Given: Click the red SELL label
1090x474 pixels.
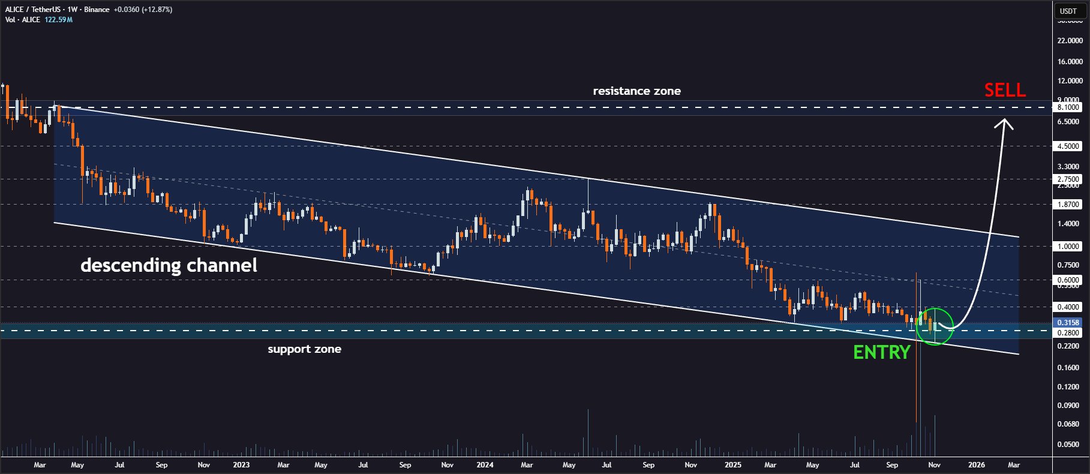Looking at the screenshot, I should tap(1005, 91).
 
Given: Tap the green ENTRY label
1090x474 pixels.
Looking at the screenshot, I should tap(882, 353).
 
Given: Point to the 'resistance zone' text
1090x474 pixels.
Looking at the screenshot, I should tap(636, 91).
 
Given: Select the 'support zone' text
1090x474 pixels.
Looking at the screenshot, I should tap(304, 349).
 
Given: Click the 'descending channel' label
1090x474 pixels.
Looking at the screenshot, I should tap(169, 265).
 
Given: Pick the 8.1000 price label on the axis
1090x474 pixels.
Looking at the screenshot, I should tap(1068, 107).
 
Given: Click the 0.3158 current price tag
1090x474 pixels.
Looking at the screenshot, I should tap(1068, 323).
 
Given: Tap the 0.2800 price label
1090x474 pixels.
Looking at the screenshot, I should tap(1068, 333).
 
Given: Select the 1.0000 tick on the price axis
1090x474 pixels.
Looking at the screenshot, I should tap(1068, 247).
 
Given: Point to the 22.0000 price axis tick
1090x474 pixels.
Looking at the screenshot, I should tap(1070, 41).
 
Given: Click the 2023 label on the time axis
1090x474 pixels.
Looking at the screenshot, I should tap(241, 465).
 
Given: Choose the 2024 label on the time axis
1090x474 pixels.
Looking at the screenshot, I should tap(485, 465).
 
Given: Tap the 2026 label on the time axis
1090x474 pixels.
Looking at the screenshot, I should tap(976, 465).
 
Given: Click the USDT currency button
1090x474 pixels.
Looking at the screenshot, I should tap(1068, 11).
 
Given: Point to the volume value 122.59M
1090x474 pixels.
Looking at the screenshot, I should tap(58, 20).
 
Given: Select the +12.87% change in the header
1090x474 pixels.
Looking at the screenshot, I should tap(157, 10).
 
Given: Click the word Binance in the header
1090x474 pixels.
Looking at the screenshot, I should tap(97, 10).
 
